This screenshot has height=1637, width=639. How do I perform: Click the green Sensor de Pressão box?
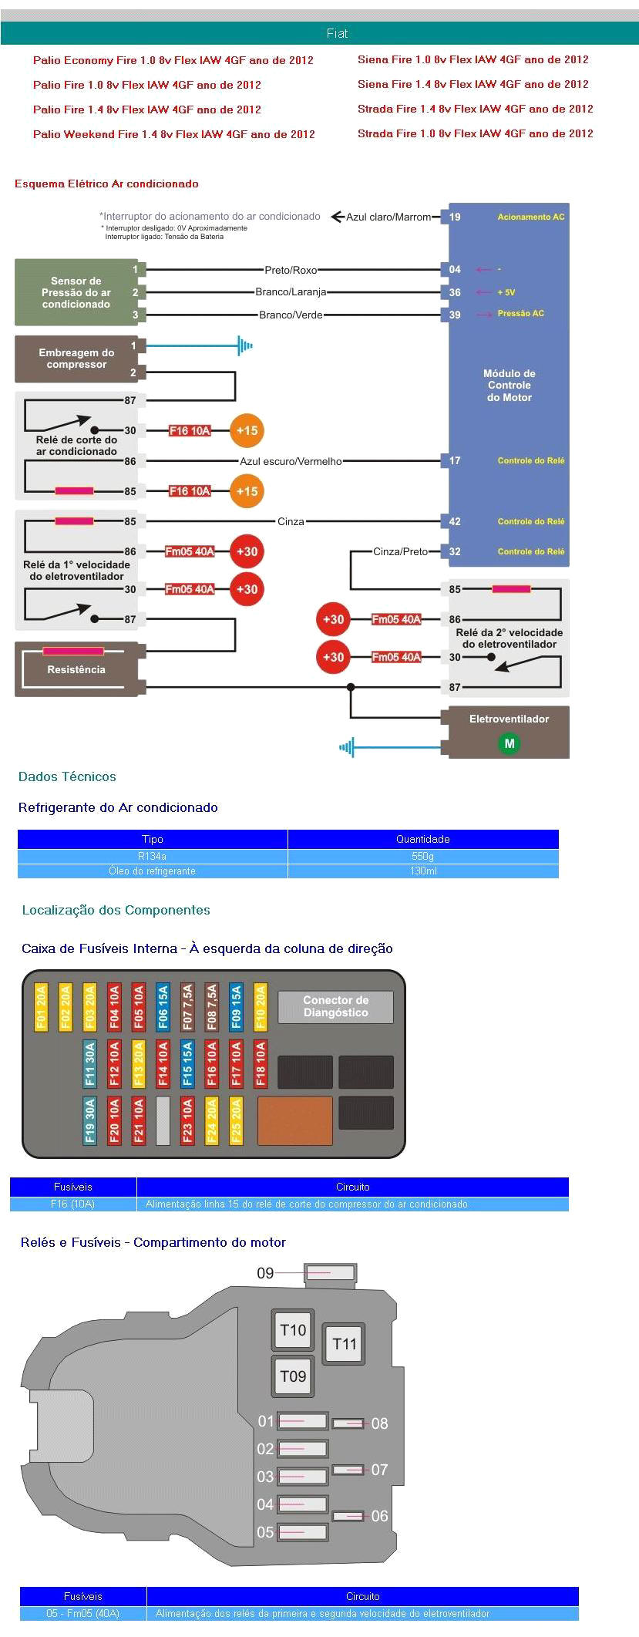pyautogui.click(x=76, y=292)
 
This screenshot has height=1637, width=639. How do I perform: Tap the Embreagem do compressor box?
pyautogui.click(x=76, y=359)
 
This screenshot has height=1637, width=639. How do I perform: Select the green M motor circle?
pyautogui.click(x=509, y=743)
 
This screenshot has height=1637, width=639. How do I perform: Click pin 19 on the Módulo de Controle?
pyautogui.click(x=455, y=217)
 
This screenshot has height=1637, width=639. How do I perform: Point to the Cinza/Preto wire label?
pyautogui.click(x=400, y=551)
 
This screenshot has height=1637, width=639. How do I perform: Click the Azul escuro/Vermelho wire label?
pyautogui.click(x=291, y=461)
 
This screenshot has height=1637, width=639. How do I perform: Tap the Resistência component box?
pyautogui.click(x=76, y=669)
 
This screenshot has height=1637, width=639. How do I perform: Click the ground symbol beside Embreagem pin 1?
pyautogui.click(x=245, y=346)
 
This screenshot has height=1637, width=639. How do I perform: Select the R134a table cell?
pyautogui.click(x=152, y=856)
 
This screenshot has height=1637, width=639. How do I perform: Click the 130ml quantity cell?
pyautogui.click(x=423, y=871)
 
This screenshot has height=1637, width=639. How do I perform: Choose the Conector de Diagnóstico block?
pyautogui.click(x=335, y=1006)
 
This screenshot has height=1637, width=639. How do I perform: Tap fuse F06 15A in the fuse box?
pyautogui.click(x=163, y=1007)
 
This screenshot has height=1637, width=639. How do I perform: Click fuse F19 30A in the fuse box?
pyautogui.click(x=90, y=1120)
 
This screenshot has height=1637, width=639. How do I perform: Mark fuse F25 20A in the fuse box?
pyautogui.click(x=236, y=1120)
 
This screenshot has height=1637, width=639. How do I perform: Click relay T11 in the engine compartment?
pyautogui.click(x=344, y=1344)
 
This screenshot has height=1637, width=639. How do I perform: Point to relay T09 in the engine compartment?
pyautogui.click(x=293, y=1376)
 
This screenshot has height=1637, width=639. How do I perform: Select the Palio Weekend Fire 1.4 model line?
pyautogui.click(x=173, y=134)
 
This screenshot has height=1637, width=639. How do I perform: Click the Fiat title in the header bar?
pyautogui.click(x=337, y=33)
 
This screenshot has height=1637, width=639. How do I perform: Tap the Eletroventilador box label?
pyautogui.click(x=509, y=719)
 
